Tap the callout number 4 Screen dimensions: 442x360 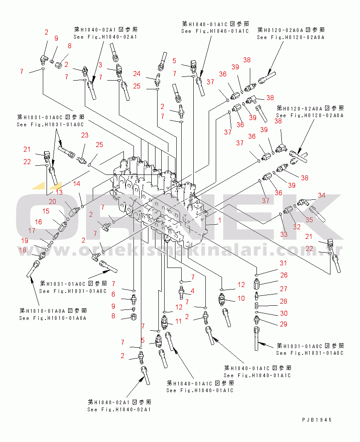pos(192,290)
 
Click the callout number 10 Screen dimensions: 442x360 pos(241,298)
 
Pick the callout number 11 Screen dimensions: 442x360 pos(179,321)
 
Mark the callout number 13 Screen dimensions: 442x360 pos(59,192)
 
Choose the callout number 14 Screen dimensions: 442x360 pos(77,183)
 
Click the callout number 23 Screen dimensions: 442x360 pos(85,135)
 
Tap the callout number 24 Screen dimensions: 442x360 pos(137,74)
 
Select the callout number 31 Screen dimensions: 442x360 pos(283,263)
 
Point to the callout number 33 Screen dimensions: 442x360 pos(284,234)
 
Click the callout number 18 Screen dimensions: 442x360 pos(23,250)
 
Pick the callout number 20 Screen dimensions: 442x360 pos(52,201)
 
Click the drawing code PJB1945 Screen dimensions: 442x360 pos(317,420)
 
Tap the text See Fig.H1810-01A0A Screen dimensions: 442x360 pos(52,318)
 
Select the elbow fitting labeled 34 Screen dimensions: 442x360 pos(305,202)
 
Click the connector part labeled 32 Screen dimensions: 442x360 pos(287,211)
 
